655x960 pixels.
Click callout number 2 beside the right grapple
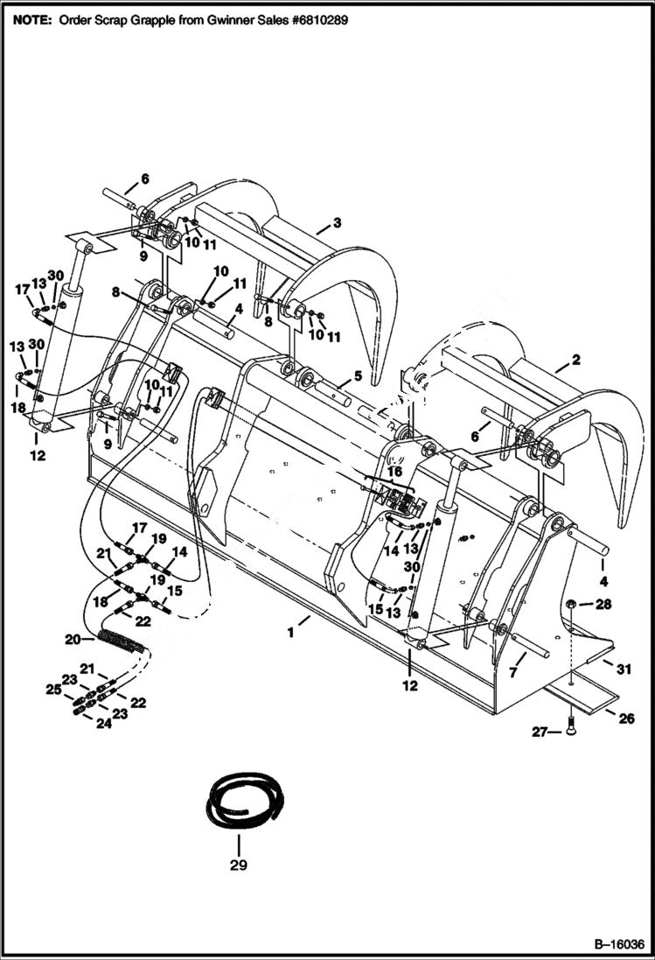tap(575, 359)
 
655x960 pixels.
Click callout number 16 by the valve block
tap(395, 472)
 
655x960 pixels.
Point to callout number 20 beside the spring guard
tap(73, 639)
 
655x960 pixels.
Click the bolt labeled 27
tap(570, 729)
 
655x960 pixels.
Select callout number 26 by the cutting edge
tap(627, 720)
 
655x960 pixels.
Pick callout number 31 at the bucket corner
tap(624, 670)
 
